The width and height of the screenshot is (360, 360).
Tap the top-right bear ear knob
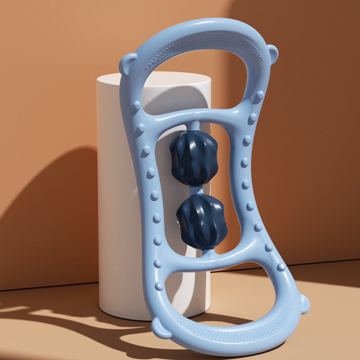click(x=272, y=53)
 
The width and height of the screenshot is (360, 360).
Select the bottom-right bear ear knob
click(x=304, y=303)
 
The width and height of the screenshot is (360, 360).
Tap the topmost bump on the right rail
click(x=259, y=95)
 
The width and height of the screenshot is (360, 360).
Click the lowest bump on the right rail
click(x=281, y=266)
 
